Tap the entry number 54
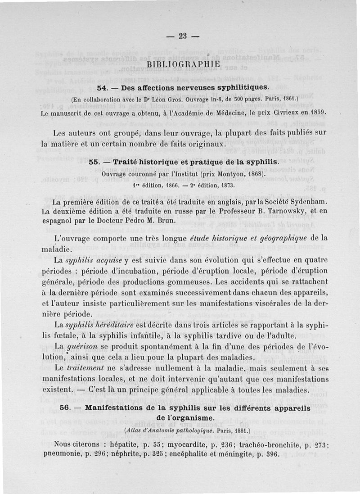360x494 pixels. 103,86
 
